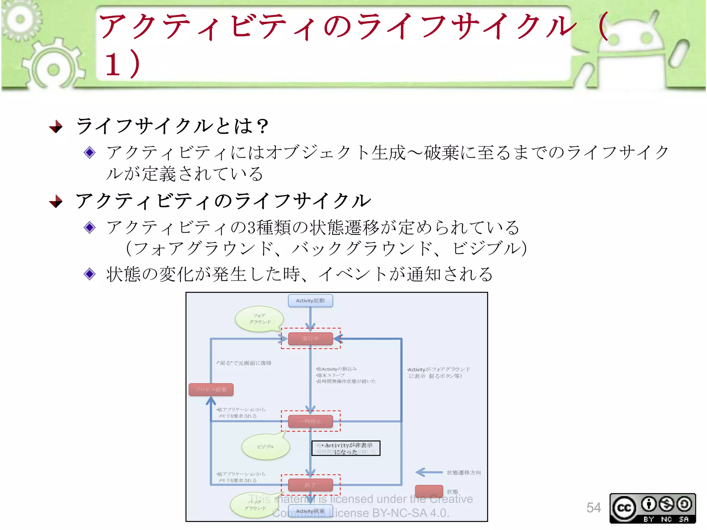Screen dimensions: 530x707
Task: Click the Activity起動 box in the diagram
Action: tap(310, 301)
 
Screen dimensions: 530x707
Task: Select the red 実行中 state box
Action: tap(310, 338)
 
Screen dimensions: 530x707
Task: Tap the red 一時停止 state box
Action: tap(310, 421)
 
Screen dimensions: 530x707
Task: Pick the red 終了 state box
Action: tap(310, 485)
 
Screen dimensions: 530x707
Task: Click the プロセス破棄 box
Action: tap(211, 390)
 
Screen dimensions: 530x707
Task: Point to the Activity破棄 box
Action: tap(310, 511)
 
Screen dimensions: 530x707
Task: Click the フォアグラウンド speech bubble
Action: tap(260, 319)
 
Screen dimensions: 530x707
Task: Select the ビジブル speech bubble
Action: tap(265, 446)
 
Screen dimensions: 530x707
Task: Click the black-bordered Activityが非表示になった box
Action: tap(346, 448)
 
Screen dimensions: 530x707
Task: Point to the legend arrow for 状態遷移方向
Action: tap(428, 472)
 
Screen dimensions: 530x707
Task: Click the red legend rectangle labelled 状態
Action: tap(429, 491)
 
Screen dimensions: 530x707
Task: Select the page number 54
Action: tap(593, 508)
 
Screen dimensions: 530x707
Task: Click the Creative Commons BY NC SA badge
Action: tap(652, 508)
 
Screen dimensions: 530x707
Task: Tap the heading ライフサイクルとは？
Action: tap(172, 126)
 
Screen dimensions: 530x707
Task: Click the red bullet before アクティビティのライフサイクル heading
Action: tap(56, 201)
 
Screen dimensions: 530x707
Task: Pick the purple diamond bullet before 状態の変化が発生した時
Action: tap(90, 274)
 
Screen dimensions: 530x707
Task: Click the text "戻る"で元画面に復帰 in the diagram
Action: tap(244, 363)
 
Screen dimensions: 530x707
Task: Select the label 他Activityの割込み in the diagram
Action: tap(337, 369)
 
